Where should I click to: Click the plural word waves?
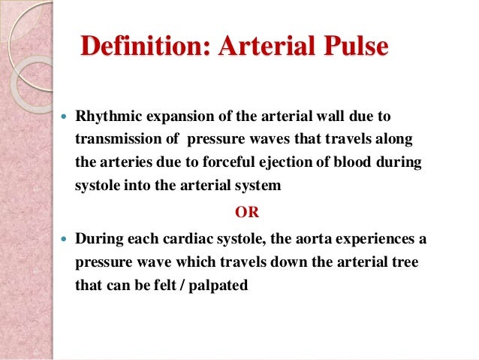click(x=281, y=141)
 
